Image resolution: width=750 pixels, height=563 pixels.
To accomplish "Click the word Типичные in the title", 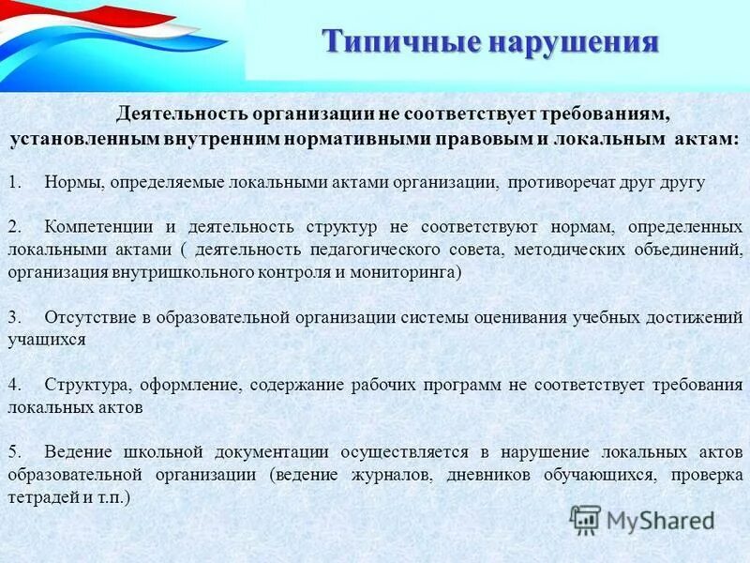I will click(394, 42).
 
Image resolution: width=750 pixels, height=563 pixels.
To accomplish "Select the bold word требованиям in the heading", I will click(602, 114).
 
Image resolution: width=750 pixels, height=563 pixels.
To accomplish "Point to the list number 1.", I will click(14, 182).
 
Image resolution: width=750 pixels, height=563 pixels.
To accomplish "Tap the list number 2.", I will click(14, 227).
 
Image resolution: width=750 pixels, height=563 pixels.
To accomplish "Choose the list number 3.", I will click(14, 317).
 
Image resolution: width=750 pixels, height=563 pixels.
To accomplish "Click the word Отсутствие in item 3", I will click(86, 317).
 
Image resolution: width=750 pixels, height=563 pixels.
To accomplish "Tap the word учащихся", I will click(46, 340).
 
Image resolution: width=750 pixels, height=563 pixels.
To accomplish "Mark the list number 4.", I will click(14, 385).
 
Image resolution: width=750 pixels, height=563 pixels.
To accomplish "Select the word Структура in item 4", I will click(81, 385).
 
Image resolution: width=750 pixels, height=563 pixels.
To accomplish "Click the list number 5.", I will click(14, 452).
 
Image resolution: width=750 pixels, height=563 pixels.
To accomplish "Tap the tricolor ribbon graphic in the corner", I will click(112, 38).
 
